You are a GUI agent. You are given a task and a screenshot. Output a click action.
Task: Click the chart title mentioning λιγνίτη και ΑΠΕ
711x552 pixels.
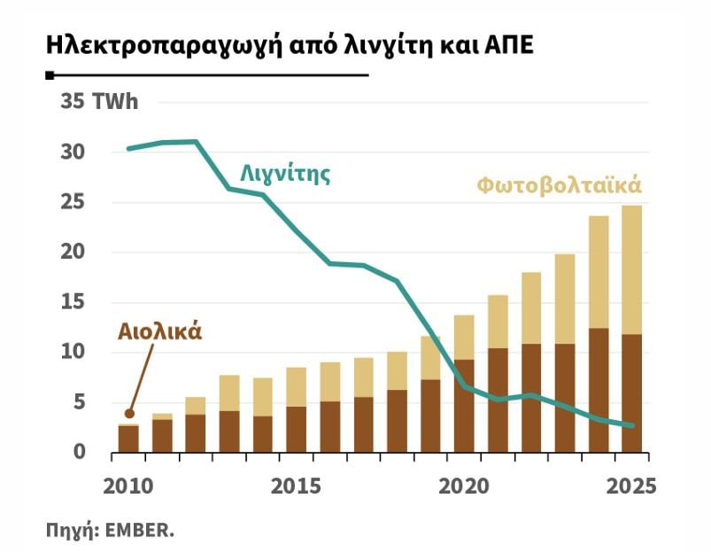pyautogui.click(x=290, y=46)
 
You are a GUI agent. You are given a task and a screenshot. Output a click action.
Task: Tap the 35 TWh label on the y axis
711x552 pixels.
pyautogui.click(x=99, y=101)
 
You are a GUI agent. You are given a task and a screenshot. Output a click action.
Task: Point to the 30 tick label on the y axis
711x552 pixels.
pyautogui.click(x=73, y=152)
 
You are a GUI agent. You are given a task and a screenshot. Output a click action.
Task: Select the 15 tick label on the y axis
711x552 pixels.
pyautogui.click(x=73, y=302)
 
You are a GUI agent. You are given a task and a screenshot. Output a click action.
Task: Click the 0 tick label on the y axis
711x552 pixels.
pyautogui.click(x=79, y=452)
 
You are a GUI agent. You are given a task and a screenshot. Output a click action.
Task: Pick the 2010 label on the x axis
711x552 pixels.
pyautogui.click(x=128, y=486)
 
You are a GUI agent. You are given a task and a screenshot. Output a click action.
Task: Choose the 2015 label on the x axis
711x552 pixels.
pyautogui.click(x=296, y=486)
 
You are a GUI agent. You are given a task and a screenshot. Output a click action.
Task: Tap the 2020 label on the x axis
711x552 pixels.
pyautogui.click(x=464, y=486)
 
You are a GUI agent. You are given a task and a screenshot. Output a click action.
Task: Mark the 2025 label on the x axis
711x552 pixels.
pyautogui.click(x=631, y=486)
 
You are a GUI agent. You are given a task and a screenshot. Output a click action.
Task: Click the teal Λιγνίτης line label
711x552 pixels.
pyautogui.click(x=285, y=174)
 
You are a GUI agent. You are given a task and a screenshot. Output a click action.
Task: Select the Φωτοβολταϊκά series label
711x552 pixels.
pyautogui.click(x=560, y=186)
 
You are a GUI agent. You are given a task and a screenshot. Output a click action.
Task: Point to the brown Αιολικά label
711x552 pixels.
pyautogui.click(x=159, y=332)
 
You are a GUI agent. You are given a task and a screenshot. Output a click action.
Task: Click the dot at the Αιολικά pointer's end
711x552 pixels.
pyautogui.click(x=129, y=413)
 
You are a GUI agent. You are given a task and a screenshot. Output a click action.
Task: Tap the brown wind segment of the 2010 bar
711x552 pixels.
pyautogui.click(x=128, y=439)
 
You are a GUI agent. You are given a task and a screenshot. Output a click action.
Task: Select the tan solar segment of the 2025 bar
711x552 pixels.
pyautogui.click(x=631, y=270)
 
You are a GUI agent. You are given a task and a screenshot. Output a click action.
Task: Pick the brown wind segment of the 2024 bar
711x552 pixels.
pyautogui.click(x=599, y=391)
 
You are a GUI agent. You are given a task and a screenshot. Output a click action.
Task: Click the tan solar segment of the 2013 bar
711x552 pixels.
pyautogui.click(x=229, y=393)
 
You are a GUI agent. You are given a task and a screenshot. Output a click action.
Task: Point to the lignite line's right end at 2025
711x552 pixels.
pyautogui.click(x=632, y=425)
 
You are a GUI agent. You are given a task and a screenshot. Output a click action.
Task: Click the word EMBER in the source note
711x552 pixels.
pyautogui.click(x=139, y=530)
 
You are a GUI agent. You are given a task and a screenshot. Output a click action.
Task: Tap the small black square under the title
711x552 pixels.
pyautogui.click(x=50, y=75)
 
